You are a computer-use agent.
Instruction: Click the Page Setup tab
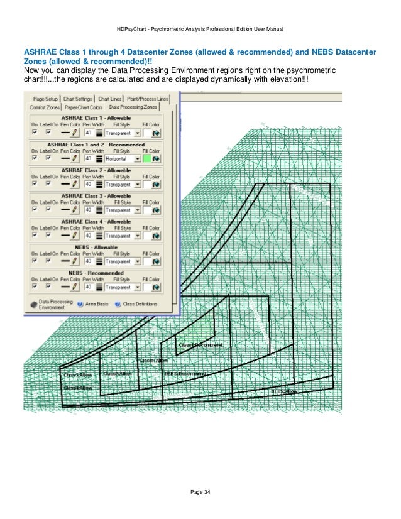click(45, 99)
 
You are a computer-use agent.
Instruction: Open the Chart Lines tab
click(110, 99)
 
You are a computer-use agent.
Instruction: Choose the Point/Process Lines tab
click(147, 99)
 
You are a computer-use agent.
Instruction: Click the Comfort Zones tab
click(44, 107)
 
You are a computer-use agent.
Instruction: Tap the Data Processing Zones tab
click(131, 107)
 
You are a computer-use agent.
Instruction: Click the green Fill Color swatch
click(148, 159)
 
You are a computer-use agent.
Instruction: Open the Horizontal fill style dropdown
click(137, 159)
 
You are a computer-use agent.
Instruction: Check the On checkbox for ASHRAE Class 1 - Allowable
click(35, 133)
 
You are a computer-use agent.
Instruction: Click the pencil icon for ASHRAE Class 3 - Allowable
click(75, 210)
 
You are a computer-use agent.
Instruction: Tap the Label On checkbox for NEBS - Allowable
click(48, 261)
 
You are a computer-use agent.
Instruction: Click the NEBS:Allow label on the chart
click(285, 391)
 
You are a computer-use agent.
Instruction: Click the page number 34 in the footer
click(200, 491)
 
